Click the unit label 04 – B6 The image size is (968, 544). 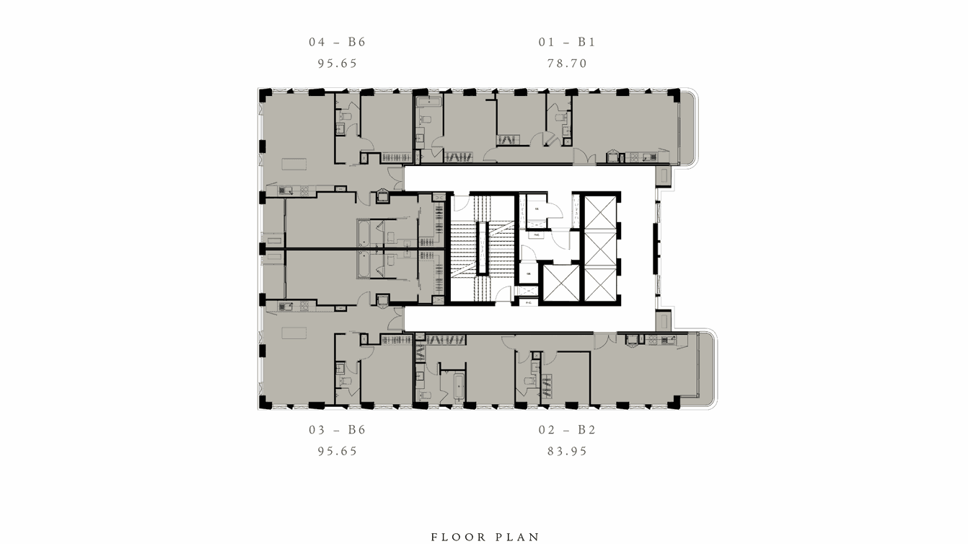pos(337,42)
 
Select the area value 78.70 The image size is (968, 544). pos(567,63)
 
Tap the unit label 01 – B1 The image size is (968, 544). pos(567,42)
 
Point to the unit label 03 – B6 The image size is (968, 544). pos(337,430)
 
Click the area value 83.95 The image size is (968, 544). pos(567,452)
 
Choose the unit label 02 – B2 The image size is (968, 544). pos(567,430)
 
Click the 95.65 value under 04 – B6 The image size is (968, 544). pos(337,63)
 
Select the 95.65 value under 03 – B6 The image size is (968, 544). pos(337,452)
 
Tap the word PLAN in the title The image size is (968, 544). pos(519,537)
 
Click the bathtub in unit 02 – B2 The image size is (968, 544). pos(459,388)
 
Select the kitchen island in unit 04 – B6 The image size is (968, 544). pos(294,163)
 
